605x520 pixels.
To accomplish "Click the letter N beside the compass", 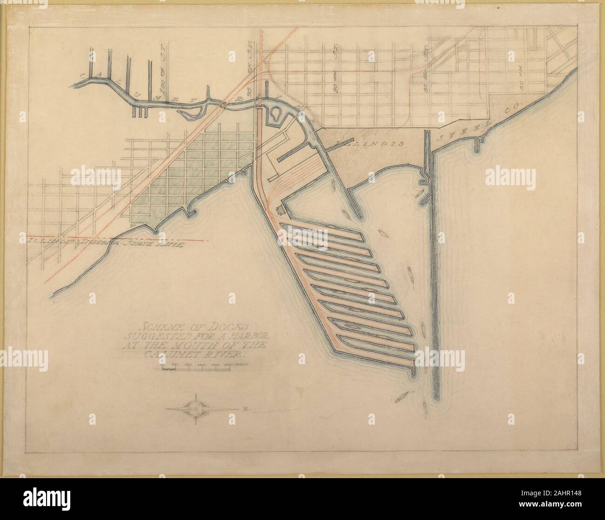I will point(244,409).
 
